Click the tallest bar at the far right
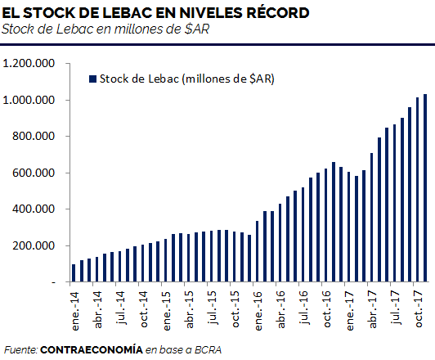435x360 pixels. [424, 188]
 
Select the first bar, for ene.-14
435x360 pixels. [74, 273]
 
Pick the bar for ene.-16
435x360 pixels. [258, 251]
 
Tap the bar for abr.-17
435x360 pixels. [371, 218]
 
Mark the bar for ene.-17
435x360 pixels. [348, 227]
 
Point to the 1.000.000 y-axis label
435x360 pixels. [29, 100]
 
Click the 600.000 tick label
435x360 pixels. [34, 173]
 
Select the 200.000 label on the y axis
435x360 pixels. [34, 245]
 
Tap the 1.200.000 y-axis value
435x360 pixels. [29, 63]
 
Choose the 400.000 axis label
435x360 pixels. [34, 209]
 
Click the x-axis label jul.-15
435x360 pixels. [213, 308]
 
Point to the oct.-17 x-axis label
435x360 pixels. [419, 308]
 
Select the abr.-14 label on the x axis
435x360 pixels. [98, 309]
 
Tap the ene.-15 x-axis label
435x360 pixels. [167, 311]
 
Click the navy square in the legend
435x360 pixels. [92, 79]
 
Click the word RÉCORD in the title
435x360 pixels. [278, 12]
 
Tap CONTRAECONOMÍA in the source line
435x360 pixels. [92, 349]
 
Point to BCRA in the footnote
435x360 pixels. [208, 349]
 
